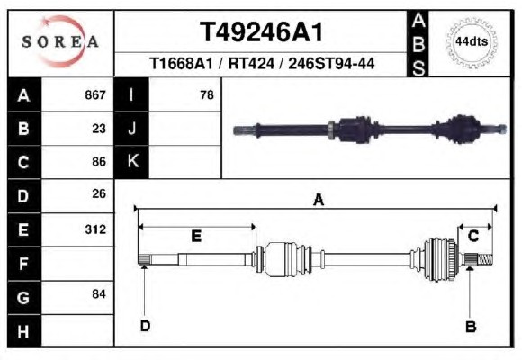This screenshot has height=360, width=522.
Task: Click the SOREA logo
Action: pos(60,41)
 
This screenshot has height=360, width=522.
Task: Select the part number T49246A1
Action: pos(261,32)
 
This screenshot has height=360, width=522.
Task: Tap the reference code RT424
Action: pos(251,63)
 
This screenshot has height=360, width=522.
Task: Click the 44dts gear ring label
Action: pos(472,42)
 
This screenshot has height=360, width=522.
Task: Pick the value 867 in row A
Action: pos(95,94)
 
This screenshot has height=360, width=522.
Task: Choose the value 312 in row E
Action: pos(95,229)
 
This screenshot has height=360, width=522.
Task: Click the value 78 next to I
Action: pos(207,95)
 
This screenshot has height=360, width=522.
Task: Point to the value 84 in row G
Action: pos(99,294)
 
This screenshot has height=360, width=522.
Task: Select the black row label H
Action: pos(24,331)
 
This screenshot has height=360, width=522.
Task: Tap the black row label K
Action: pos(131,161)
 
